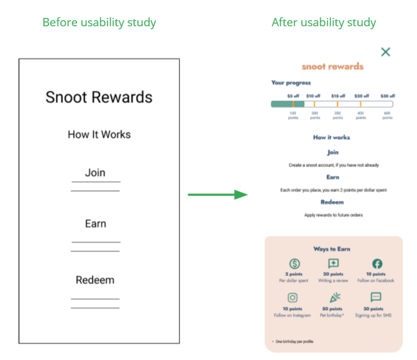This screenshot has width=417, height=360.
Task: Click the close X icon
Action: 385,52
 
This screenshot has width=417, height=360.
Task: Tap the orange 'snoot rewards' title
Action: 332,66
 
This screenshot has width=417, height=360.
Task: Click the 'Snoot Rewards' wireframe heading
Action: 99,97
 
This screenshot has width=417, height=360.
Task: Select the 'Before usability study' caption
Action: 99,23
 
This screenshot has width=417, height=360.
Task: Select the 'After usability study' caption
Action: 324,23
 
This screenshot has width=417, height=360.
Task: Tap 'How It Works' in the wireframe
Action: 99,134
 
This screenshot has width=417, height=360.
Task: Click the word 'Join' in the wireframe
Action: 95,173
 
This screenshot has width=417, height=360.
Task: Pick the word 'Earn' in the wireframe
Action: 96,224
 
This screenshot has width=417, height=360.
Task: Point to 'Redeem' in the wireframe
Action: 95,279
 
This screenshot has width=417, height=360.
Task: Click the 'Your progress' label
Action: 291,83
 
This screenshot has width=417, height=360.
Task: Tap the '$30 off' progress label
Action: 388,96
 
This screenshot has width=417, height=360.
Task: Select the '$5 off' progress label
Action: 293,96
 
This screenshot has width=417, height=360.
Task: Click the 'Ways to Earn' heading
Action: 332,249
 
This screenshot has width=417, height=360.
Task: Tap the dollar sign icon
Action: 295,263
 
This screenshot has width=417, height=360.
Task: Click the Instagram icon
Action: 293,297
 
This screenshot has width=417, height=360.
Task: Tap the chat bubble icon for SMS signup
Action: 376,297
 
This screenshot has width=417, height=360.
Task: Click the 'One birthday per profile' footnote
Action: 294,341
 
